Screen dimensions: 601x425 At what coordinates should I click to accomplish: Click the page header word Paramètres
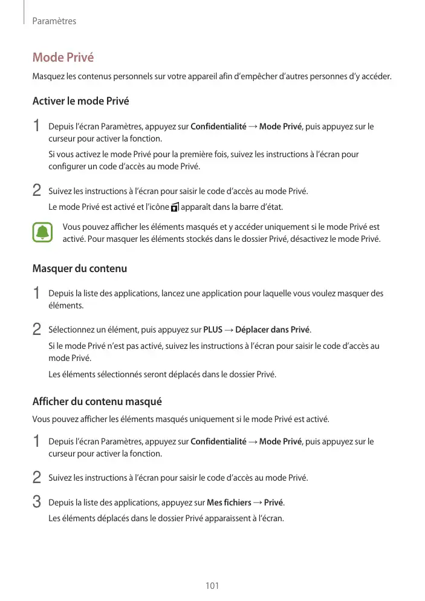point(54,21)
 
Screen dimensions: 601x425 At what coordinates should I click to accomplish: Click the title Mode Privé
point(63,58)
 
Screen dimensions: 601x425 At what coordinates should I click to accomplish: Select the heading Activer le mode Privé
point(80,101)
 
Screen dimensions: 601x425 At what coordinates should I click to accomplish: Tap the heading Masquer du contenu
point(79,268)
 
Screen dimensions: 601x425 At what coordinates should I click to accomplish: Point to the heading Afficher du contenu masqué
point(97,401)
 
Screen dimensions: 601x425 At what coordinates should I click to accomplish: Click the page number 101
point(212,586)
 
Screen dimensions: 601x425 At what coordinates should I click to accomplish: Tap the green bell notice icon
point(42,233)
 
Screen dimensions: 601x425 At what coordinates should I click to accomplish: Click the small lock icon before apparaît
point(175,207)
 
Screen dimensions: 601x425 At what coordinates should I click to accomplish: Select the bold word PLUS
point(213,330)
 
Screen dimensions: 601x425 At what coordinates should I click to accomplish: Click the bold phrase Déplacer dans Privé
point(272,330)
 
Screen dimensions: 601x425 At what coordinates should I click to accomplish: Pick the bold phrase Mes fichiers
point(229,502)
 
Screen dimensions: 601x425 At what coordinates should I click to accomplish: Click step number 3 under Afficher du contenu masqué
point(37,502)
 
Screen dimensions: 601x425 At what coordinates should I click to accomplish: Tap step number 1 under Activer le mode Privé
point(37,127)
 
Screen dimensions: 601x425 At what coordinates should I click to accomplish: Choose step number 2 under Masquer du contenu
point(37,330)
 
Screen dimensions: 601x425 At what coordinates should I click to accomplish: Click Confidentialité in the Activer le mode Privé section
point(218,126)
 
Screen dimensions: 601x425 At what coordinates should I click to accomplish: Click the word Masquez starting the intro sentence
point(49,77)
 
